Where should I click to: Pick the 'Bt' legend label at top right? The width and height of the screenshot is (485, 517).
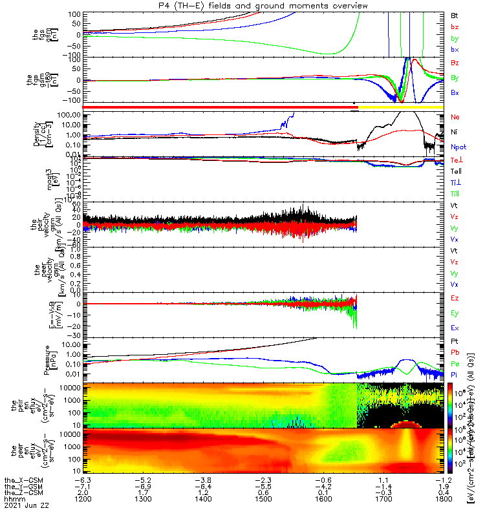pyautogui.click(x=455, y=15)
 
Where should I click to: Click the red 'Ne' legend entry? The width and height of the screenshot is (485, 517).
pyautogui.click(x=455, y=117)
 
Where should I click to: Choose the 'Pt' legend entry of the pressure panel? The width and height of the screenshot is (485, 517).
pyautogui.click(x=455, y=340)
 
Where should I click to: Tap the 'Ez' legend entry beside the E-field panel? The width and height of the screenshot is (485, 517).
pyautogui.click(x=455, y=299)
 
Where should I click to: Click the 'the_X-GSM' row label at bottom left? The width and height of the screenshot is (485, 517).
pyautogui.click(x=17, y=481)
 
